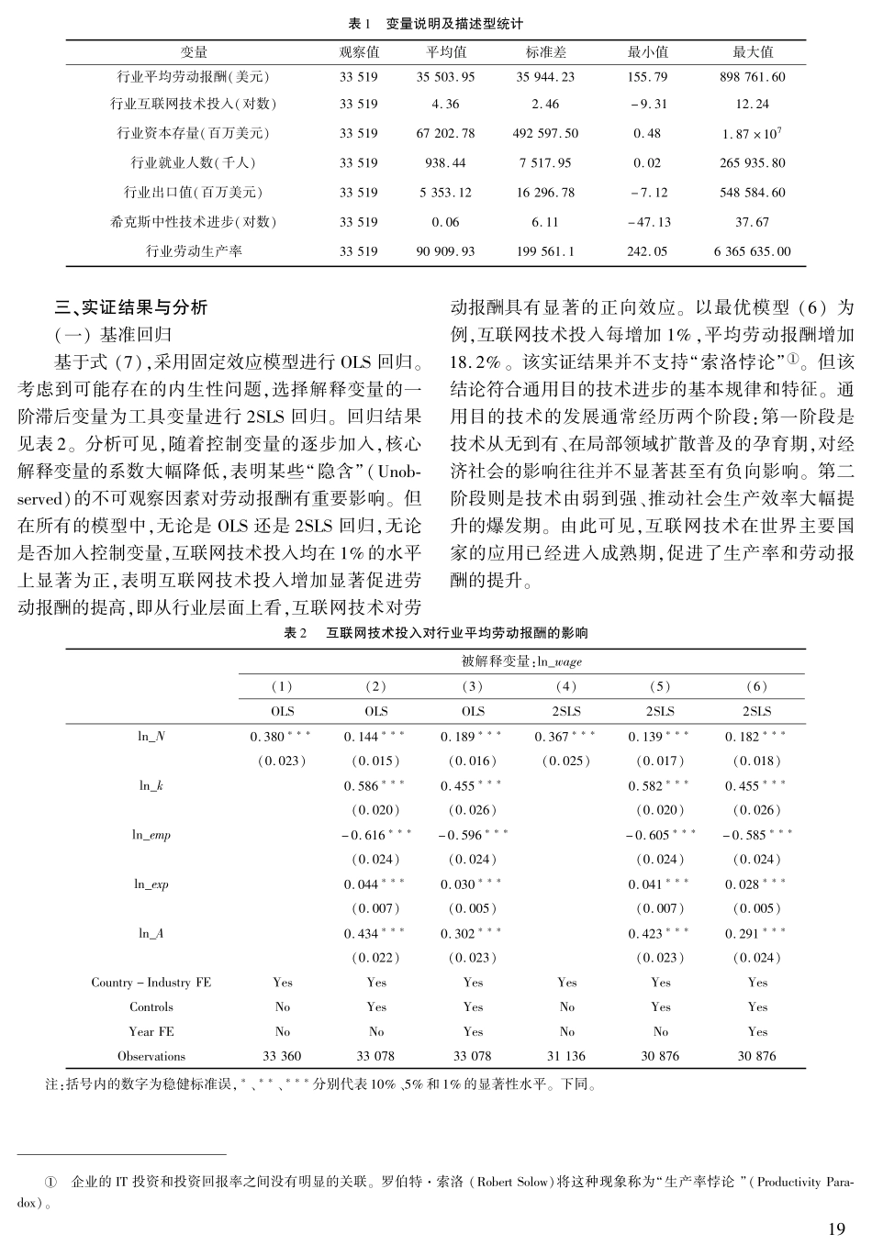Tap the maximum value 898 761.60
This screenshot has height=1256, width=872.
click(x=753, y=77)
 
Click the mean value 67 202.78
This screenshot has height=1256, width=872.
click(x=445, y=133)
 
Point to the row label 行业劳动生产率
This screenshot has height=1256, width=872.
click(x=194, y=250)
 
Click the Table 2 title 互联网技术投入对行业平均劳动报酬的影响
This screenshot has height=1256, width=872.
click(x=457, y=633)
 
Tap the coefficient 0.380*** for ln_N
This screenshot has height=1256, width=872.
click(x=281, y=737)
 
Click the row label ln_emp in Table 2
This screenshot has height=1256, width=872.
click(x=151, y=835)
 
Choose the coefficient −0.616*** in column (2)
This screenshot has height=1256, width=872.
click(x=377, y=835)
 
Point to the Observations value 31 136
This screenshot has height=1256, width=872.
click(x=566, y=1056)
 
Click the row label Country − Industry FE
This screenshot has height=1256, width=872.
click(x=151, y=983)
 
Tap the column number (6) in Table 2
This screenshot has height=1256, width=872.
click(x=756, y=686)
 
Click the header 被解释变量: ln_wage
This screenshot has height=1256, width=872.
click(x=521, y=661)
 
